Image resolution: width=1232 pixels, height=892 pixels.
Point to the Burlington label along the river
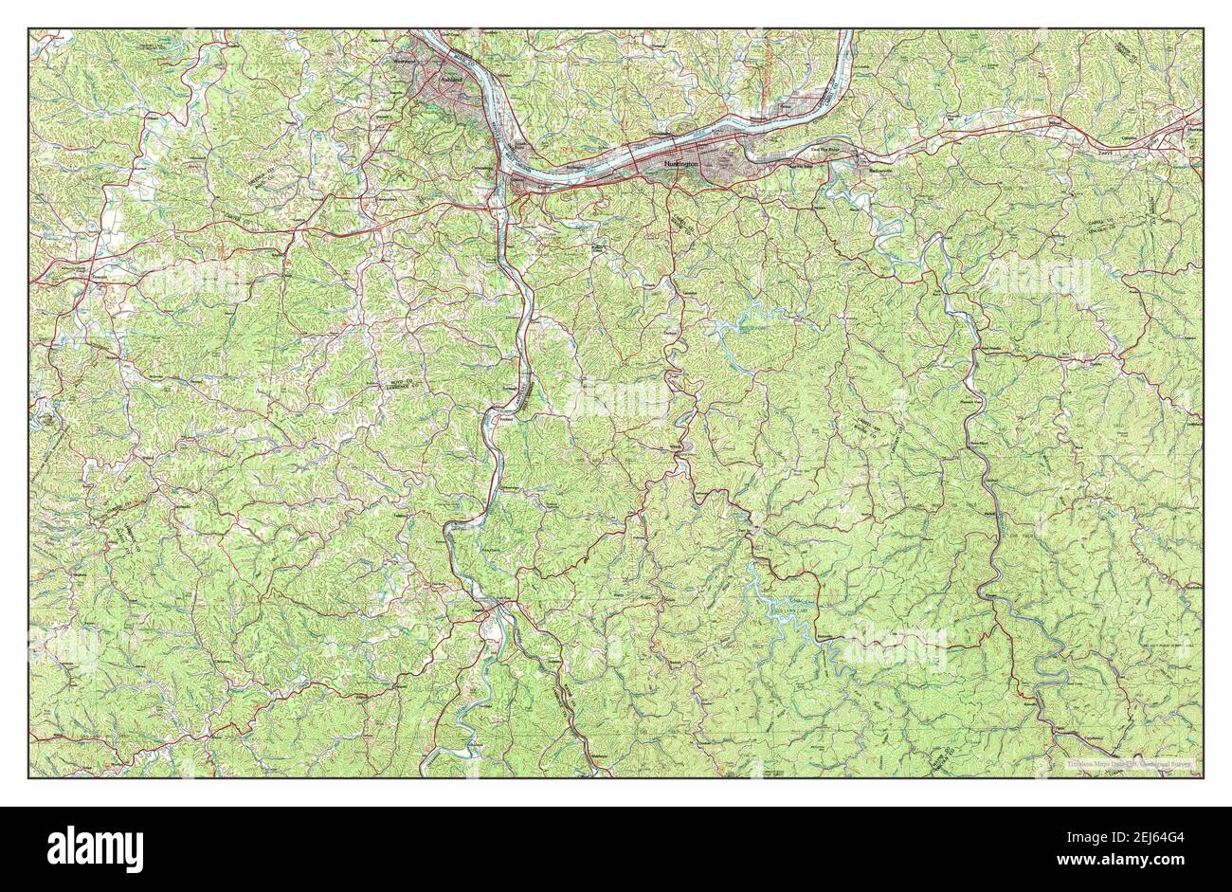coord(578,168)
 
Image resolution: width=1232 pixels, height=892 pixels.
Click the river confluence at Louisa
coord(494,607)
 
